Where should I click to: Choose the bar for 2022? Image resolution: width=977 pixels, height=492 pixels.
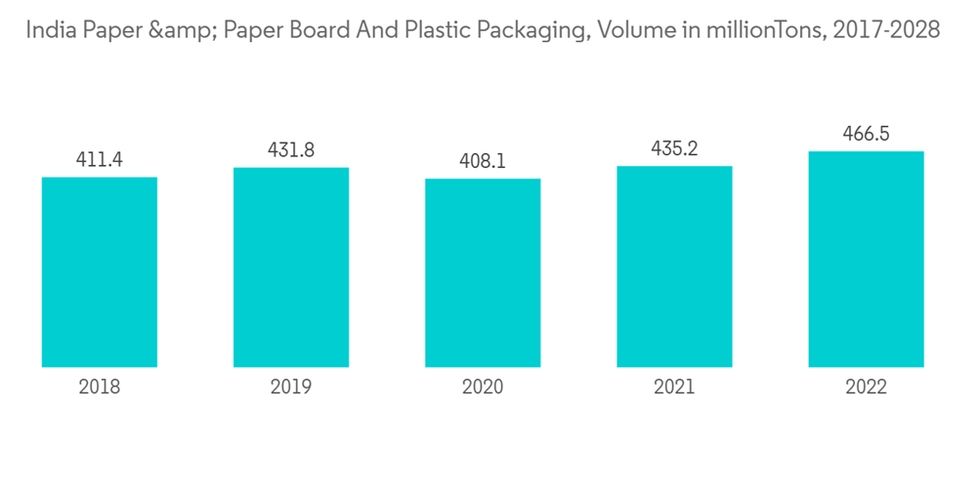click(x=866, y=259)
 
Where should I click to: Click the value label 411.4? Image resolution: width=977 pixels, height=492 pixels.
click(x=100, y=159)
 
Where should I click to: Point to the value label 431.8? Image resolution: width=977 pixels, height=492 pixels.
click(x=291, y=150)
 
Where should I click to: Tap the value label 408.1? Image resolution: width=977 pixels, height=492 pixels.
click(x=483, y=161)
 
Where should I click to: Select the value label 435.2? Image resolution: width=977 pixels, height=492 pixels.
click(x=674, y=148)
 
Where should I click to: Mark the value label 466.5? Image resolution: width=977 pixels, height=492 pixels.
click(x=866, y=134)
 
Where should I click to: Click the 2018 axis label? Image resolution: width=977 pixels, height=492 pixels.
click(x=100, y=388)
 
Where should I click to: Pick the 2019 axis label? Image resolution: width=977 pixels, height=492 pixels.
click(x=291, y=388)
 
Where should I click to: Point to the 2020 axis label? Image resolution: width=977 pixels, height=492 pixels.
click(x=483, y=388)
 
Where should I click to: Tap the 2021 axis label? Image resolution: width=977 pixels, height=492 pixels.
click(x=674, y=388)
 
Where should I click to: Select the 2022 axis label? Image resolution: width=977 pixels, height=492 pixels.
click(x=866, y=388)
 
